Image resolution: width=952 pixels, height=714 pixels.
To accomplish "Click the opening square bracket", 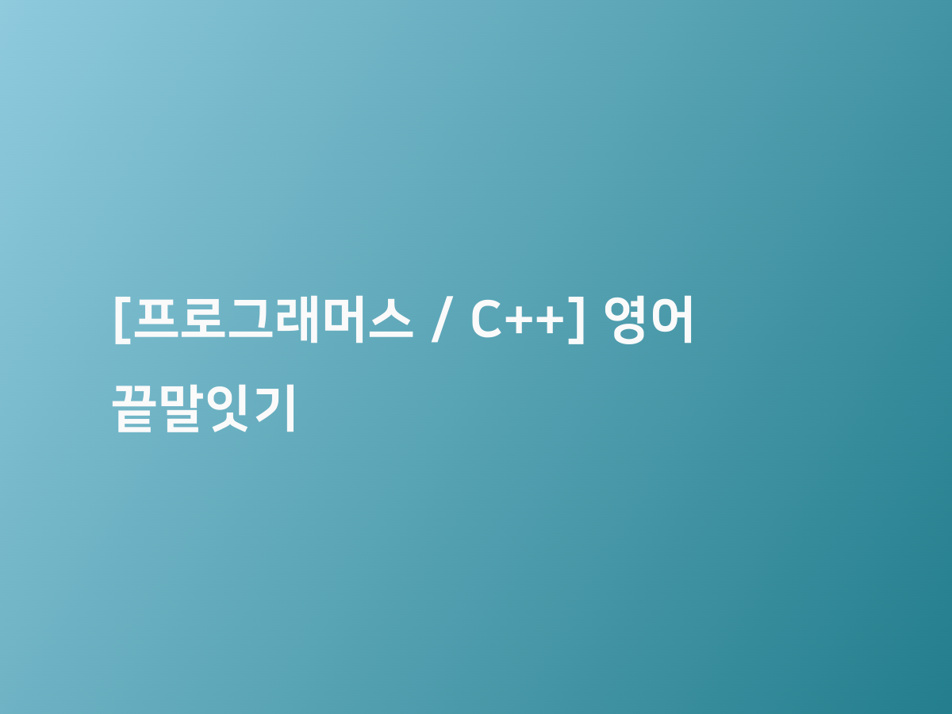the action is pyautogui.click(x=122, y=321).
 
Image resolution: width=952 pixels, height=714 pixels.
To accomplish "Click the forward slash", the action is pyautogui.click(x=442, y=320).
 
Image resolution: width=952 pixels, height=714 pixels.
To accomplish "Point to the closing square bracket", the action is pyautogui.click(x=577, y=321).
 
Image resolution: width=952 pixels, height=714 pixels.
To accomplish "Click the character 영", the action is pyautogui.click(x=625, y=321).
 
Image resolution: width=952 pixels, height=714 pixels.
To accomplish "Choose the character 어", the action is pyautogui.click(x=670, y=320).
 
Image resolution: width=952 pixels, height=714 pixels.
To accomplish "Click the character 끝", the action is pyautogui.click(x=132, y=409).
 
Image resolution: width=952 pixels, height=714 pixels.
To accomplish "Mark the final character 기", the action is pyautogui.click(x=275, y=409).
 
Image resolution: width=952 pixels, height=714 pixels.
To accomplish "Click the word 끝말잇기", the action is pyautogui.click(x=204, y=409).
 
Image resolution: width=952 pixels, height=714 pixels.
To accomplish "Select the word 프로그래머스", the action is pyautogui.click(x=274, y=320).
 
